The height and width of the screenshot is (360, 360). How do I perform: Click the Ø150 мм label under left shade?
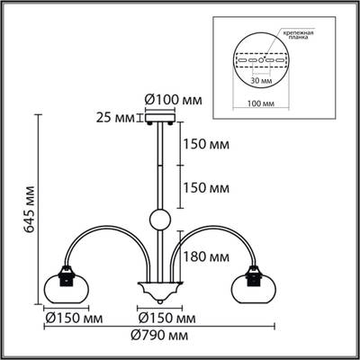tap(72, 318)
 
